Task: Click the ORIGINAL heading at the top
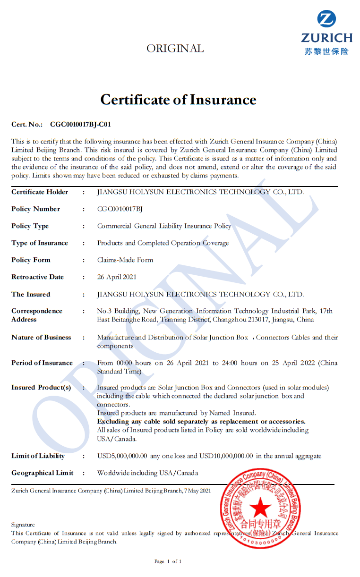click(x=175, y=49)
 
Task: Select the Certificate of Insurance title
click(x=178, y=100)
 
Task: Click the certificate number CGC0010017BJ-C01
click(x=80, y=125)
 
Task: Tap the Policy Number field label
click(x=35, y=209)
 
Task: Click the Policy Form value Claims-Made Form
click(x=125, y=260)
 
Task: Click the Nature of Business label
click(x=41, y=338)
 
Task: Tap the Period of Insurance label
click(x=42, y=363)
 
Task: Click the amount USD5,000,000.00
click(x=122, y=456)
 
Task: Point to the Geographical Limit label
click(x=42, y=473)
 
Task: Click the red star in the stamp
click(x=260, y=508)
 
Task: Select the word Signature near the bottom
click(x=23, y=525)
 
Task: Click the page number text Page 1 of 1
click(x=168, y=561)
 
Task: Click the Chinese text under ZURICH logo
click(x=326, y=51)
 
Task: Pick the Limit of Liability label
click(x=38, y=456)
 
